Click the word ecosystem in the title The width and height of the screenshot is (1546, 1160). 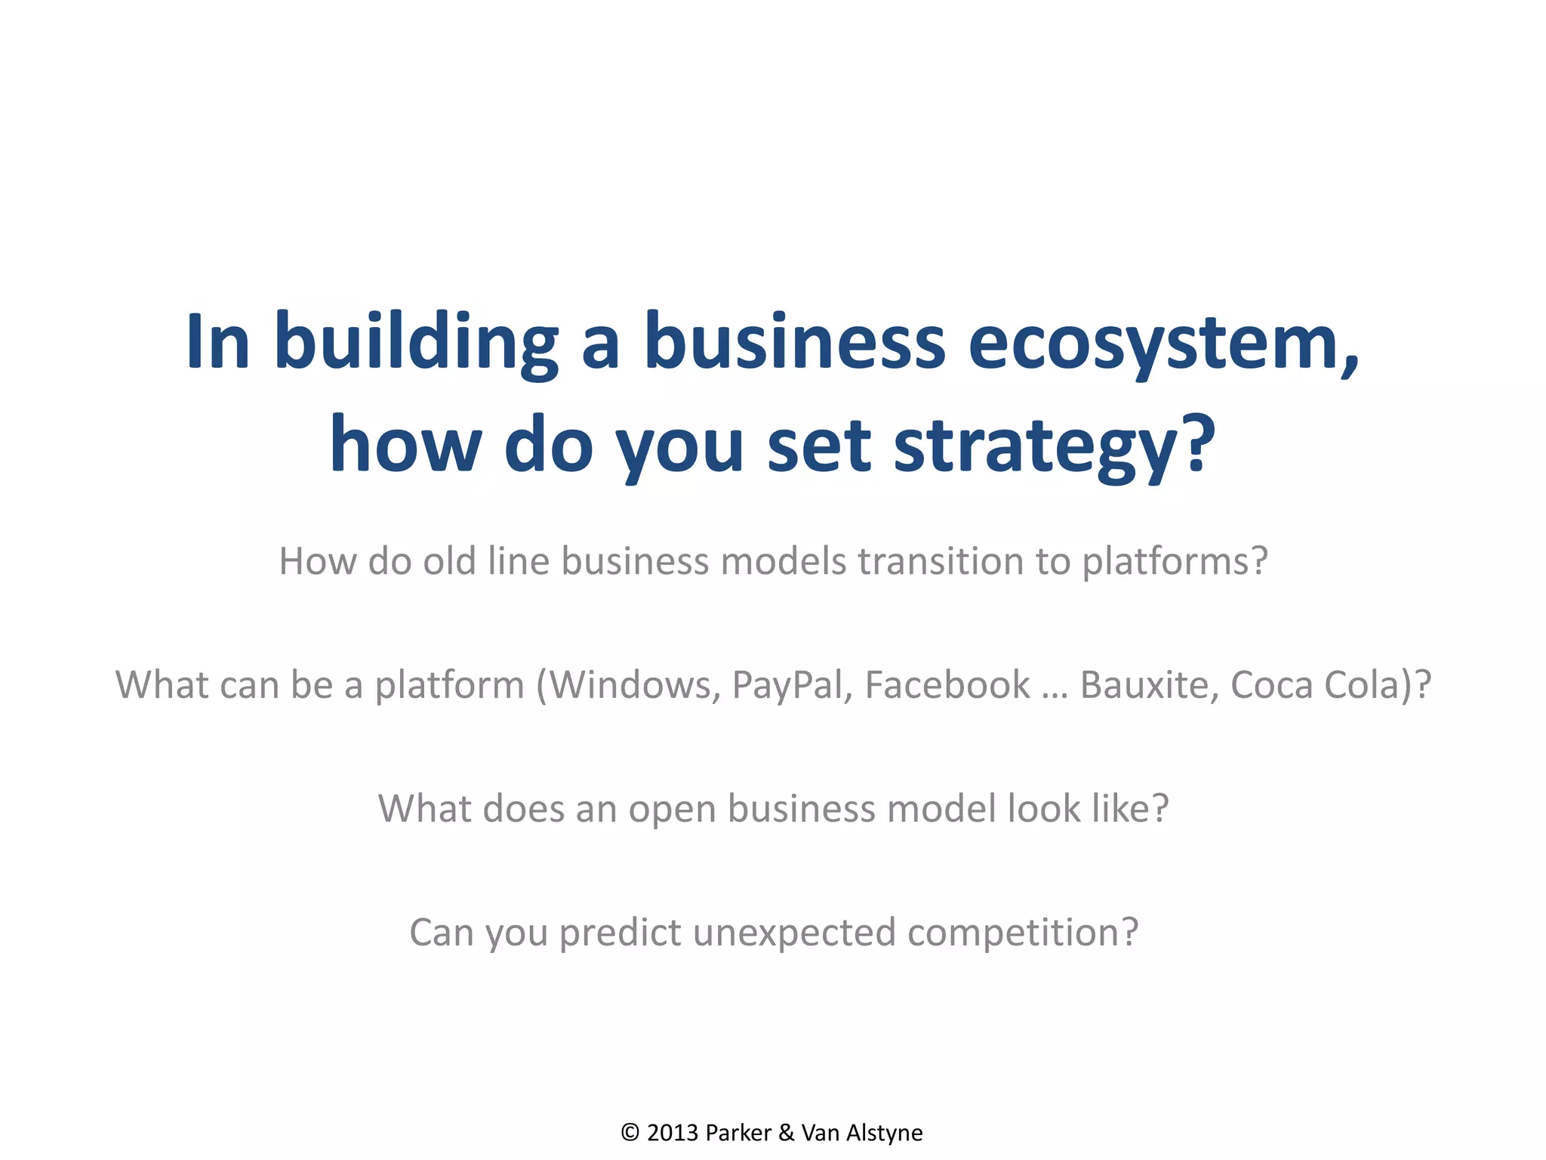[x=1163, y=344]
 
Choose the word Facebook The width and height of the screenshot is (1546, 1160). [x=947, y=686]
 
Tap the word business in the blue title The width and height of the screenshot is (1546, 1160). [x=794, y=344]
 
